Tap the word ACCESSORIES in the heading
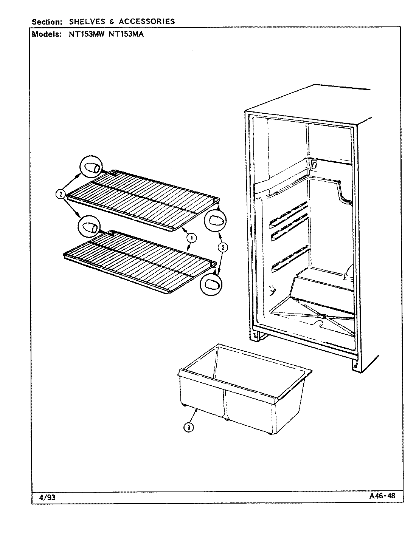click(x=147, y=22)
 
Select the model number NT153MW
click(x=87, y=34)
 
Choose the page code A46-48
click(x=382, y=496)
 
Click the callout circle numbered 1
click(x=192, y=238)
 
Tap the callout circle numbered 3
click(x=188, y=427)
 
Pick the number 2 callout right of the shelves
click(x=223, y=247)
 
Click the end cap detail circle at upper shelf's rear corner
click(x=91, y=167)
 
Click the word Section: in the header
click(x=47, y=22)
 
